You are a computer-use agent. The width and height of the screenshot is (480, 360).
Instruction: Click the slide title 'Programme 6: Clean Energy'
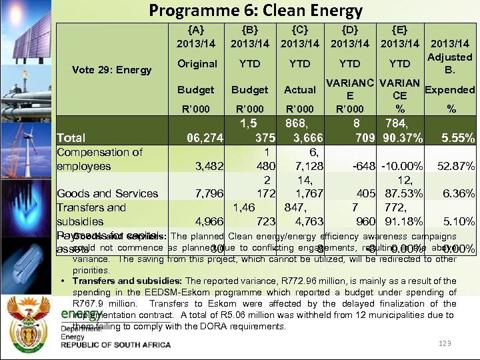[x=255, y=11]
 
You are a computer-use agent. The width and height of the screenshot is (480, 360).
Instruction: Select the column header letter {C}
[x=299, y=29]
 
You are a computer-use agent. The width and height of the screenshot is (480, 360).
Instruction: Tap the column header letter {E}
[x=399, y=29]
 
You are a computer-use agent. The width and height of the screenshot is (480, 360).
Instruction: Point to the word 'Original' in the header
[x=197, y=64]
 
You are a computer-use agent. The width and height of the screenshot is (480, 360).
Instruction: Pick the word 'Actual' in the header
[x=300, y=89]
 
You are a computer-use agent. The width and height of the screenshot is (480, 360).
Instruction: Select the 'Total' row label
[x=71, y=138]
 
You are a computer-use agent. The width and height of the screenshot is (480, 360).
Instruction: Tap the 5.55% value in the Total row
[x=459, y=138]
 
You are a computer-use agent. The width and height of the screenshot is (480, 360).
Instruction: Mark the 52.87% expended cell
[x=455, y=166]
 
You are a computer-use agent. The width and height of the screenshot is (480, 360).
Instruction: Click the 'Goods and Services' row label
[x=107, y=193]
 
